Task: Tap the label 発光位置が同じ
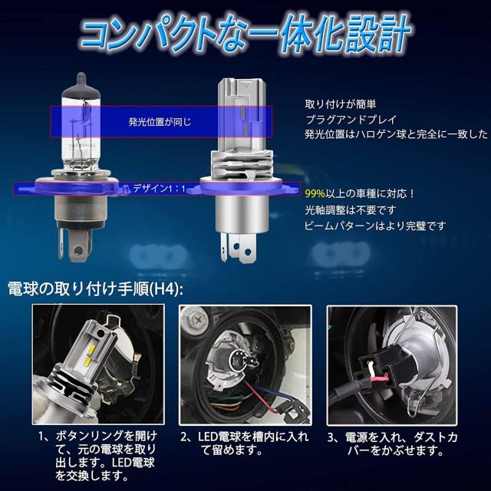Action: [160, 121]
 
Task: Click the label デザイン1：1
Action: [159, 187]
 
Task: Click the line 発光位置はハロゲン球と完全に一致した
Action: [395, 134]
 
